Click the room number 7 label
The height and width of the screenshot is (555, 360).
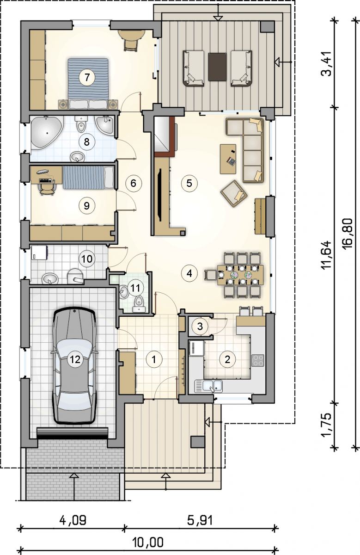pyautogui.click(x=87, y=78)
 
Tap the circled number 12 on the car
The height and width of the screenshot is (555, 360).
pyautogui.click(x=75, y=359)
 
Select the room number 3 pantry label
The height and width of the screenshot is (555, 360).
pyautogui.click(x=200, y=326)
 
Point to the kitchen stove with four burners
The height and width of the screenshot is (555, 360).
pyautogui.click(x=258, y=360)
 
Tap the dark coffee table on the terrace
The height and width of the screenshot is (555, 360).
pyautogui.click(x=217, y=67)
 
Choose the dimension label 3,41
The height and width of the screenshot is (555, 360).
pyautogui.click(x=327, y=63)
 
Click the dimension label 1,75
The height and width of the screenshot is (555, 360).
pyautogui.click(x=327, y=425)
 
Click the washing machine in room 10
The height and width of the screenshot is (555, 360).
pyautogui.click(x=39, y=253)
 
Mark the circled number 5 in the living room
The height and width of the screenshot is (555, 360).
pyautogui.click(x=189, y=183)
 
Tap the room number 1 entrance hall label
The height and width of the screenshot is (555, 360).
pyautogui.click(x=154, y=359)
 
